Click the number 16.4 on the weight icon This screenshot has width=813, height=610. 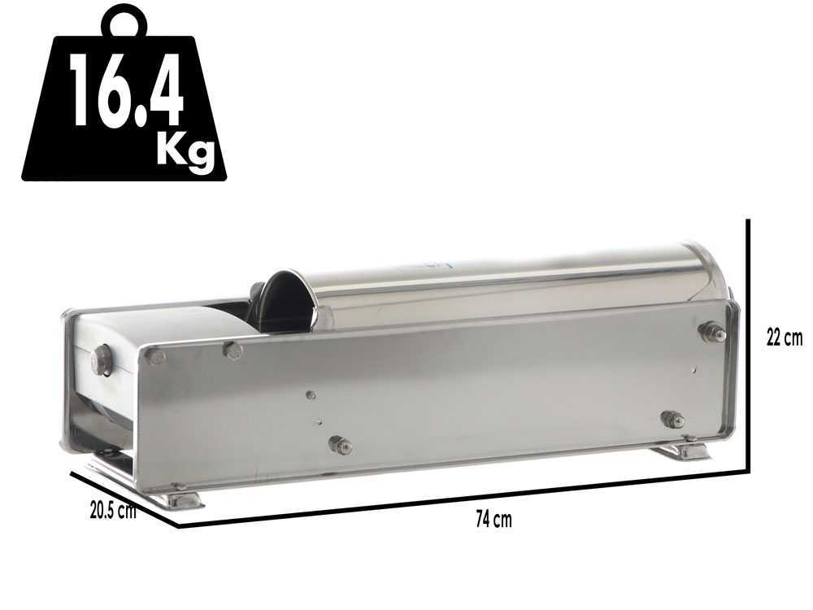pyautogui.click(x=126, y=90)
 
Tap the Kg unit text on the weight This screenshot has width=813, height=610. pyautogui.click(x=185, y=151)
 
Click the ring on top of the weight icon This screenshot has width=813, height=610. pyautogui.click(x=124, y=21)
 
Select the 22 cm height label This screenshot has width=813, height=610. pyautogui.click(x=785, y=338)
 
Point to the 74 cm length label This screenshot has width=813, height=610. pyautogui.click(x=493, y=519)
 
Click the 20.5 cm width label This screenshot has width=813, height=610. pyautogui.click(x=113, y=511)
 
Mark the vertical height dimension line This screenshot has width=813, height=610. pyautogui.click(x=748, y=346)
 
